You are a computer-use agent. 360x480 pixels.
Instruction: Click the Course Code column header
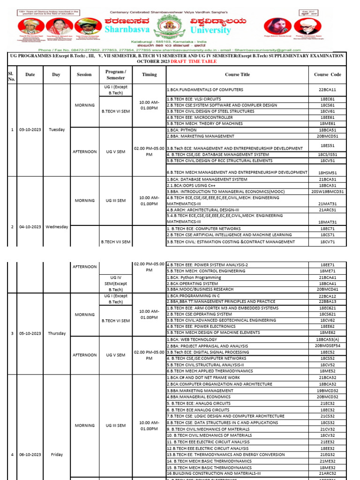coord(328,75)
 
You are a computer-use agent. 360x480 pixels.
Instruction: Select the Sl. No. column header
coord(11,75)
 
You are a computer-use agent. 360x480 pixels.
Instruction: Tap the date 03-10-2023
coord(30,129)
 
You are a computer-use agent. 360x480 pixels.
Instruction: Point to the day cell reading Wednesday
coord(56,227)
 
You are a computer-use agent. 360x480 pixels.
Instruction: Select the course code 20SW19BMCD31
coord(328,192)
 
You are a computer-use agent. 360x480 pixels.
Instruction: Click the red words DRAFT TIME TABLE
coord(190,61)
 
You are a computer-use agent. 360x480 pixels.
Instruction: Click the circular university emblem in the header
coord(168,26)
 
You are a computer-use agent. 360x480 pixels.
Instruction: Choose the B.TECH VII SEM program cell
coord(115,242)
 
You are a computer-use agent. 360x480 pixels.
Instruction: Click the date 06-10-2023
coord(30,455)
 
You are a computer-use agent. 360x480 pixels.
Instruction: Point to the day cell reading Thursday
coord(56,333)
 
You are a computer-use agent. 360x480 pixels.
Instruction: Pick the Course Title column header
coord(238,75)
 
